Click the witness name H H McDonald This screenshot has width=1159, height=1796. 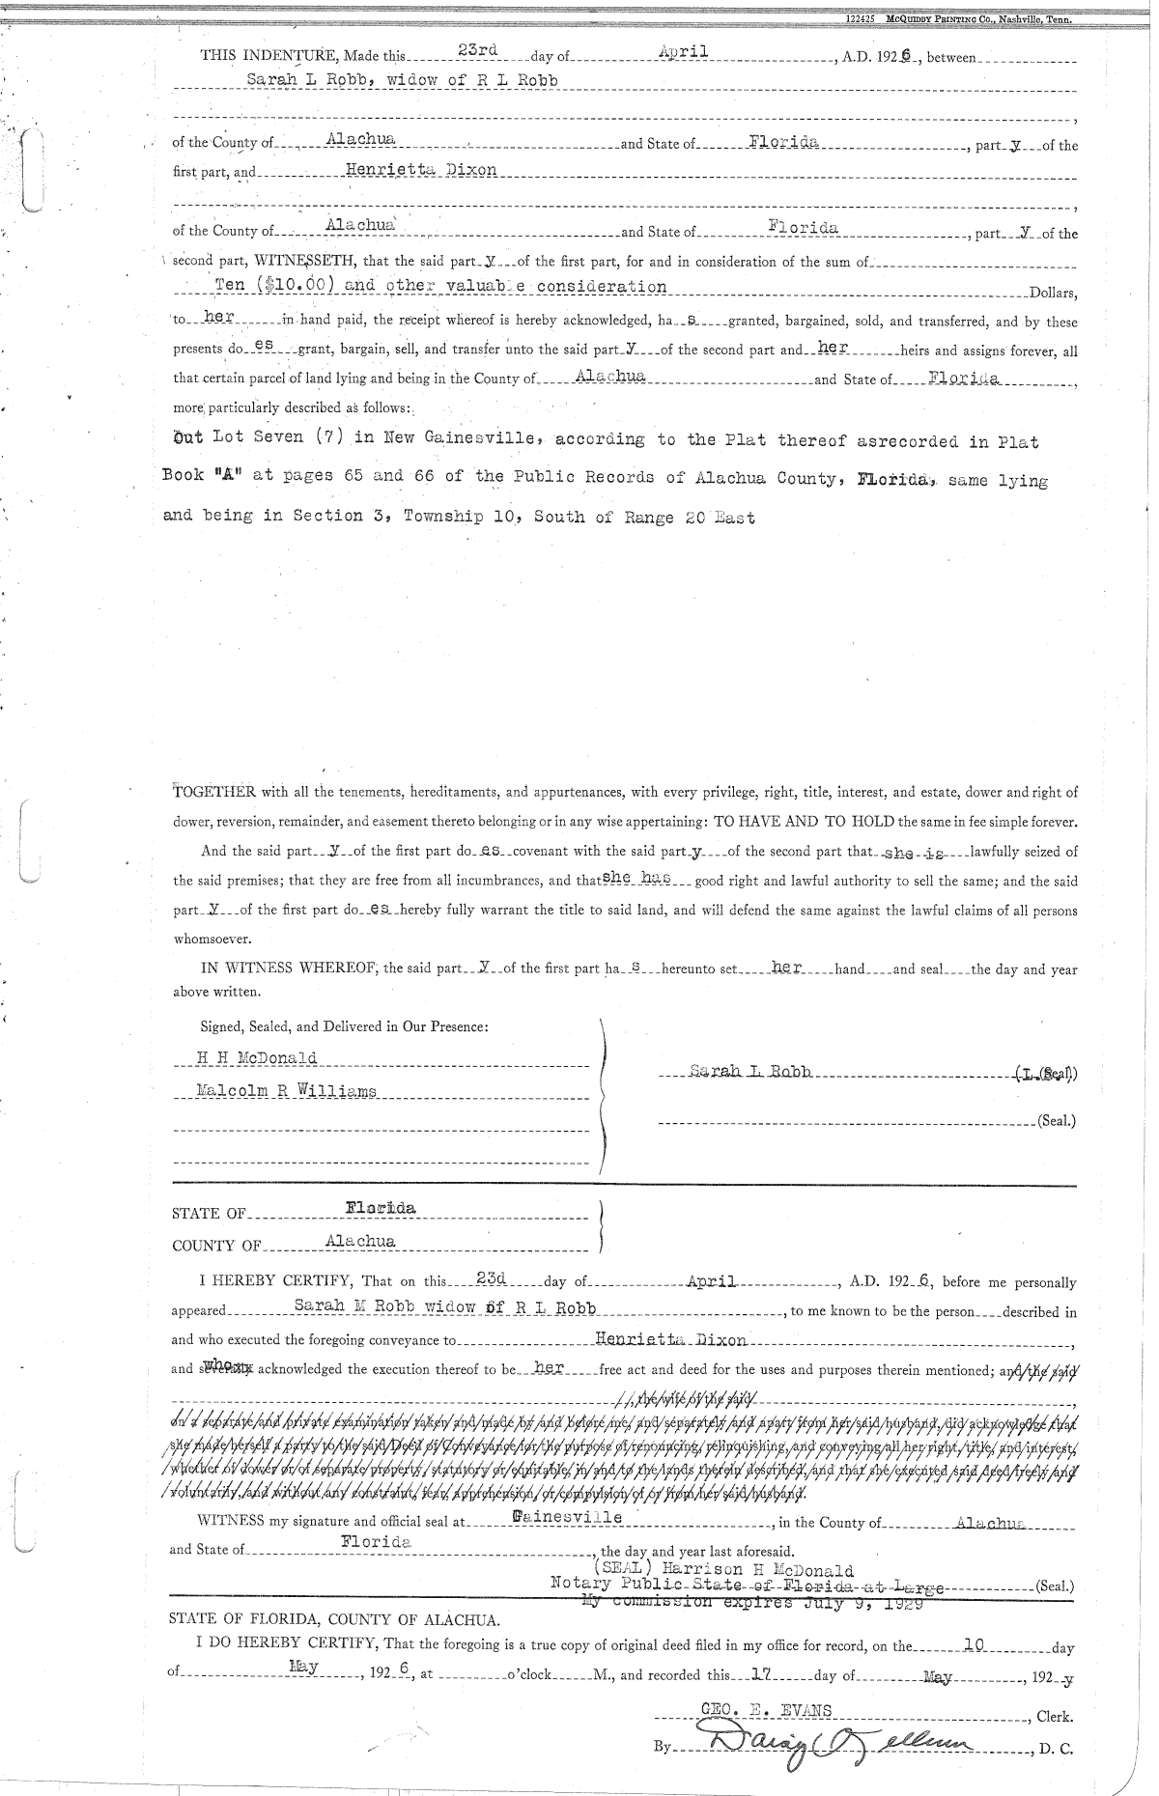[257, 1057]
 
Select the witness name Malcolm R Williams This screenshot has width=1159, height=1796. [286, 1091]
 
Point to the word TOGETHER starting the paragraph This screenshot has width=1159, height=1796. [213, 793]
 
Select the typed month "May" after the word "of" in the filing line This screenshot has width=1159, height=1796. [304, 1665]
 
